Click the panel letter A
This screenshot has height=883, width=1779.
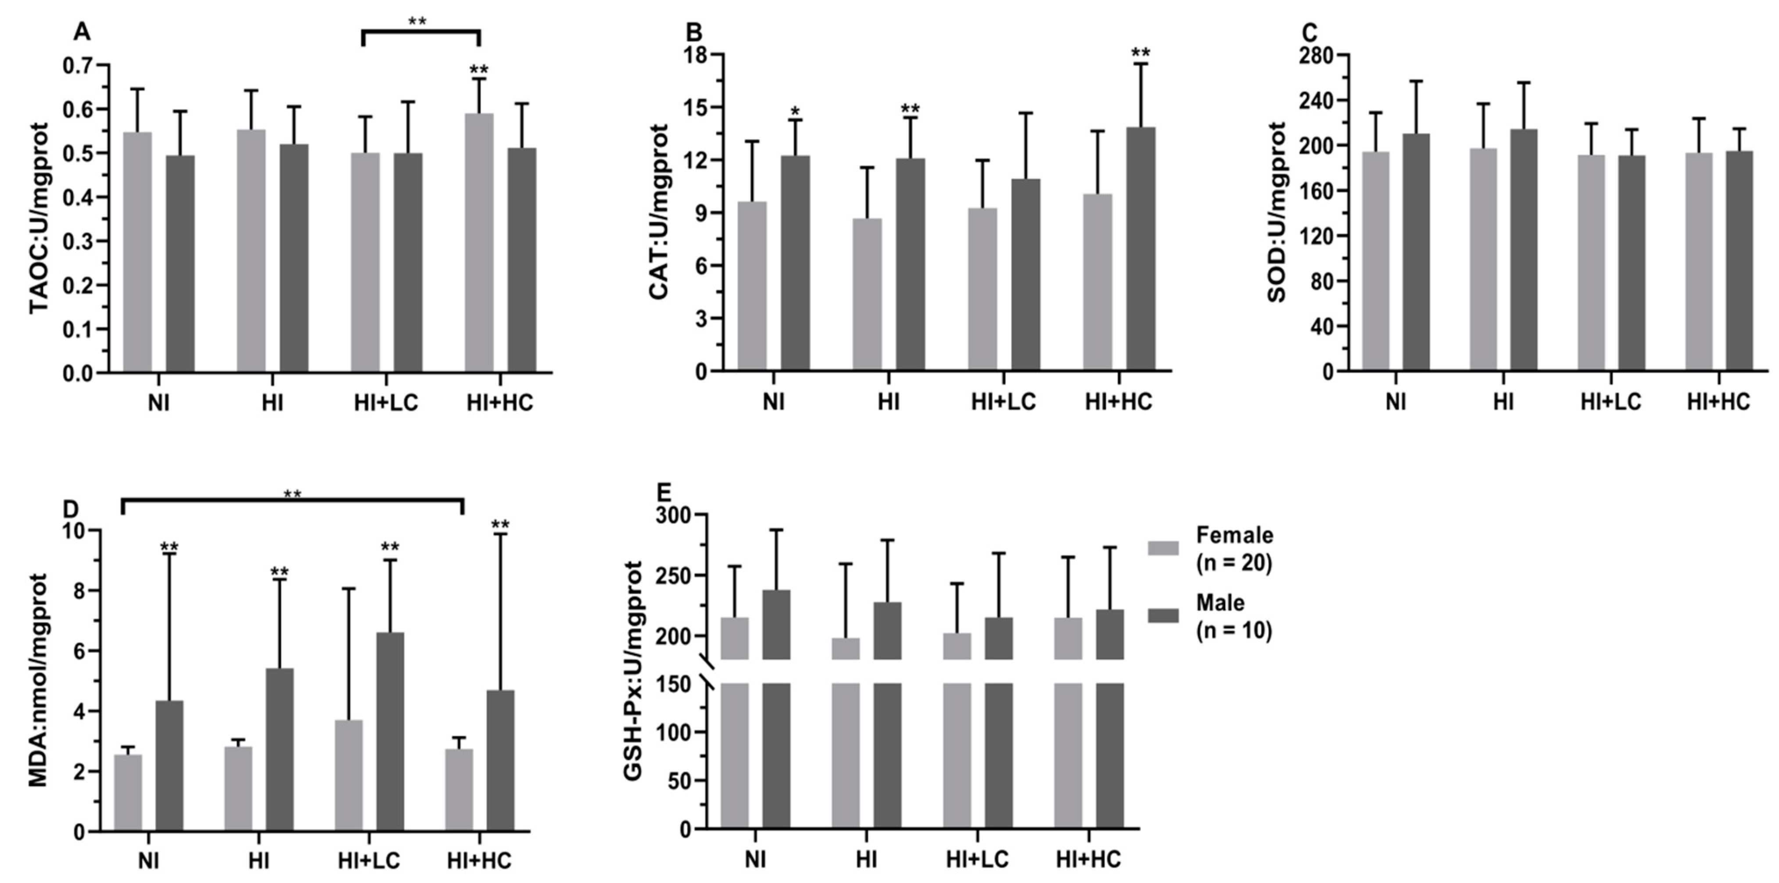pyautogui.click(x=82, y=32)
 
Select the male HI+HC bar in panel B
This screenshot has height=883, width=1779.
pyautogui.click(x=1141, y=249)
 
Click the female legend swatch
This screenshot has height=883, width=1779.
pyautogui.click(x=1163, y=548)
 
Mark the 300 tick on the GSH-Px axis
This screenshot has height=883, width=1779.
pyautogui.click(x=675, y=515)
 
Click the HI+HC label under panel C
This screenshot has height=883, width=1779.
pyautogui.click(x=1718, y=402)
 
